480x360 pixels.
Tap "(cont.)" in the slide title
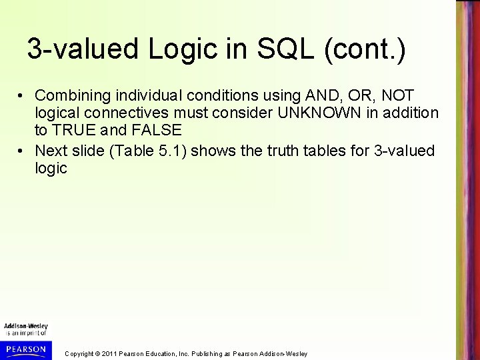point(362,49)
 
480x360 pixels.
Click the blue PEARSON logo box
point(26,349)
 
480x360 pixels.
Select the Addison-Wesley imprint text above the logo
point(26,326)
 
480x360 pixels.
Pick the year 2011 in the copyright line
point(108,353)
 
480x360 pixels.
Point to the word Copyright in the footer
point(78,353)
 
